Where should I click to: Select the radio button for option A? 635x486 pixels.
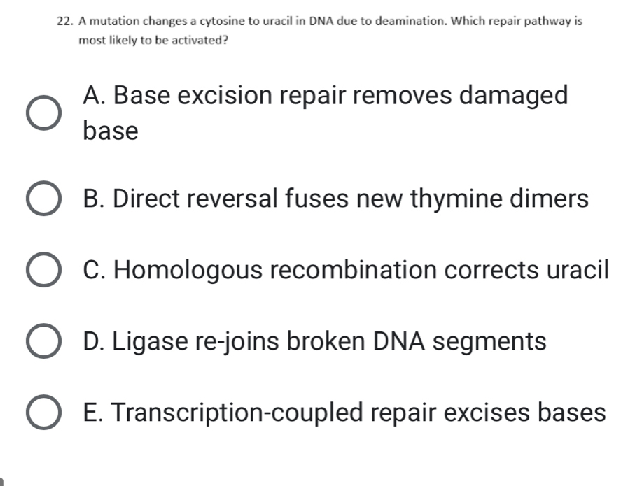click(x=43, y=113)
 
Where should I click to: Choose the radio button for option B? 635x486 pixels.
click(x=43, y=200)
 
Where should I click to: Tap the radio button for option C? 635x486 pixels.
click(x=43, y=271)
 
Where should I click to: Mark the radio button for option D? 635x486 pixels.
click(x=43, y=343)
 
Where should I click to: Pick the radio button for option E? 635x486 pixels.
click(x=43, y=414)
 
